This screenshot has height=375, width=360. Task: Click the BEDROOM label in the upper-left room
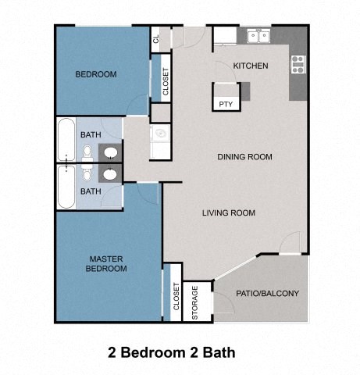(x=95, y=75)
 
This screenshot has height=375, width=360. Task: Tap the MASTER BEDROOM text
(x=108, y=263)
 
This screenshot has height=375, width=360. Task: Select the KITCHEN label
(x=251, y=66)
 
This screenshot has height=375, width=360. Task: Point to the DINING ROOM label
(x=244, y=157)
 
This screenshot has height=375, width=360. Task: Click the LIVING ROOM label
(x=228, y=212)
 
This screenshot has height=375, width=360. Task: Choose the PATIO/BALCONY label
(x=267, y=294)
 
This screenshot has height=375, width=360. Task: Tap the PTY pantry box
(x=226, y=103)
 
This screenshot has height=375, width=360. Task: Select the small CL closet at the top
(x=157, y=38)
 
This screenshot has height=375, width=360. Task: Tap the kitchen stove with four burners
(x=298, y=64)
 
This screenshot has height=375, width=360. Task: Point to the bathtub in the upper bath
(x=66, y=140)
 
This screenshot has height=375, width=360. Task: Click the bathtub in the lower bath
(x=66, y=186)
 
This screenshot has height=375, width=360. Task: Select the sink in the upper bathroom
(x=112, y=152)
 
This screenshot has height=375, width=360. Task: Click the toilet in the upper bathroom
(x=87, y=151)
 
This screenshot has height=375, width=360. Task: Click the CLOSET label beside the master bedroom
(x=176, y=300)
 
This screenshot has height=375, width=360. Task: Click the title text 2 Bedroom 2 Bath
(x=171, y=352)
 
